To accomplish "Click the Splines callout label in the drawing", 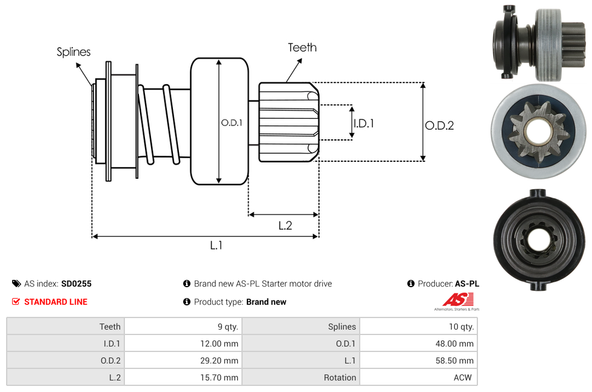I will (x=73, y=52).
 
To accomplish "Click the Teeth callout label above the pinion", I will (x=302, y=47).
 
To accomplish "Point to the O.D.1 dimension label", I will (x=232, y=122).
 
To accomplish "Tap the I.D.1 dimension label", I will (x=363, y=123).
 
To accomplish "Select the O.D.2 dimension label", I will (x=439, y=125).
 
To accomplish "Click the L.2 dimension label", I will (x=285, y=225).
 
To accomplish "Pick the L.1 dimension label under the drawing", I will (x=217, y=245).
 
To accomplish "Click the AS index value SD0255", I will (x=76, y=284).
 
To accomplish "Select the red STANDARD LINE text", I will (x=56, y=302).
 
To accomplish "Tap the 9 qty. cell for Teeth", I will (x=227, y=327).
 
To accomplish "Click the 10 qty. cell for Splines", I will (x=461, y=327).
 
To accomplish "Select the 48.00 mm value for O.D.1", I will (x=457, y=344).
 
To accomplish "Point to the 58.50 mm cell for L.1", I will (x=457, y=360).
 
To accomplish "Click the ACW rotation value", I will (x=464, y=377).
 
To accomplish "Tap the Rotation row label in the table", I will (x=340, y=377).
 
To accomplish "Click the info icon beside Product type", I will (x=187, y=302).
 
